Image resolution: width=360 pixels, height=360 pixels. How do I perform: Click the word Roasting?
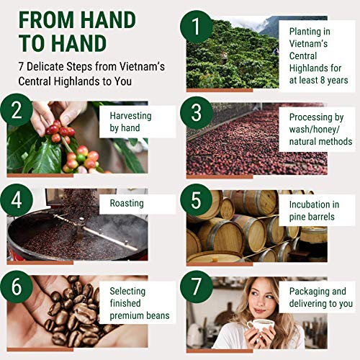(x=126, y=204)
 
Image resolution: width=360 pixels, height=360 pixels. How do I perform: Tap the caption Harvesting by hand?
(x=136, y=121)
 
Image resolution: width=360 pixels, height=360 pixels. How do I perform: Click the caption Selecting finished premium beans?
(x=140, y=303)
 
